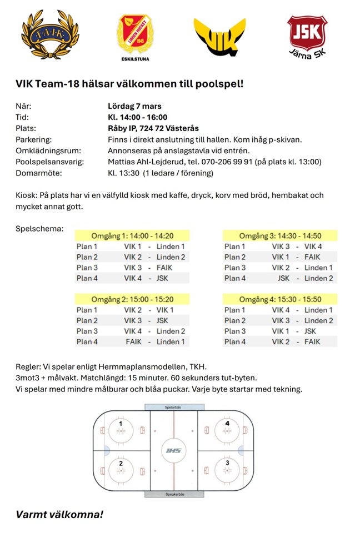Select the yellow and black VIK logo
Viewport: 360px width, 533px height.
220,36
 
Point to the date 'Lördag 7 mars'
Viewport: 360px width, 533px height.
134,106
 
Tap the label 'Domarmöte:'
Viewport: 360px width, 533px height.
38,173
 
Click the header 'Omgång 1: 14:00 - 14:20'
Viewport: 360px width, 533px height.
132,235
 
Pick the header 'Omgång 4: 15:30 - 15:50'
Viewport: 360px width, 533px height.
281,299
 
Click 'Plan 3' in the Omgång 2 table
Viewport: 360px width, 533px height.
87,331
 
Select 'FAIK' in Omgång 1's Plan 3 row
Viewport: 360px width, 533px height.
164,268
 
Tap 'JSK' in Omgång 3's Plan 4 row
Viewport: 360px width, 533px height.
284,278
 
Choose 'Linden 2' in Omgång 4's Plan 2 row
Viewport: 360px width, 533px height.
319,320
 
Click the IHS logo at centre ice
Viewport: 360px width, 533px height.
174,450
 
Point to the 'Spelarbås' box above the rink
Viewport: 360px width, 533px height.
171,407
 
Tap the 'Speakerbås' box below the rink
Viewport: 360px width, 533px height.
171,494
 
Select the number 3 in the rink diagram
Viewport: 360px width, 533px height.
227,462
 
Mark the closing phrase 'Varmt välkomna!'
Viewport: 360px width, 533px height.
59,514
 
